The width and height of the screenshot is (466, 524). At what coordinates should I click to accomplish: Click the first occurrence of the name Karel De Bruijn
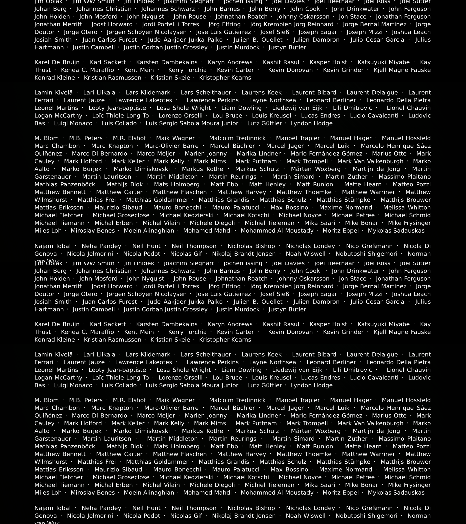(x=57, y=62)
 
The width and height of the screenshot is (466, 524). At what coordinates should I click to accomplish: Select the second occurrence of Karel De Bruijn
(x=57, y=324)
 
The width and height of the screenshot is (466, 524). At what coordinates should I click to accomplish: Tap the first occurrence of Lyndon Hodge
(x=312, y=123)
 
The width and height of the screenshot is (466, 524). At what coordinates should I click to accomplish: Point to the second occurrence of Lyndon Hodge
(x=312, y=385)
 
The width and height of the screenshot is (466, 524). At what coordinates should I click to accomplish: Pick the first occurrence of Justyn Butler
(x=287, y=47)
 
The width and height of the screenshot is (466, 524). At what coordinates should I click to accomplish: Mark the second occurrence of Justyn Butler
(x=287, y=309)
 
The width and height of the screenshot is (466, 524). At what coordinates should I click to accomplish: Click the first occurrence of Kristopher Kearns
(x=225, y=78)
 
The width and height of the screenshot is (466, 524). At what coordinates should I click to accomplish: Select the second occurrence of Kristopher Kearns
(x=225, y=340)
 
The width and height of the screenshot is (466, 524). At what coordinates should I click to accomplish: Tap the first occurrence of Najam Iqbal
(x=53, y=246)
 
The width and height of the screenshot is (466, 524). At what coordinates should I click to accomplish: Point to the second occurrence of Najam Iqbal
(x=53, y=508)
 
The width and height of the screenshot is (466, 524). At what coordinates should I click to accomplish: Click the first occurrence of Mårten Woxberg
(x=316, y=169)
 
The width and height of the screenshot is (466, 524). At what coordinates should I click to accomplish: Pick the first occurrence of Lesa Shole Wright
(x=184, y=108)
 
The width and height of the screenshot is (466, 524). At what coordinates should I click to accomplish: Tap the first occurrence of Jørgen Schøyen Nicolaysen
(x=147, y=32)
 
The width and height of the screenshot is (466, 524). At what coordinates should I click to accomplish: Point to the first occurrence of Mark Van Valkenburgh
(x=370, y=161)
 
